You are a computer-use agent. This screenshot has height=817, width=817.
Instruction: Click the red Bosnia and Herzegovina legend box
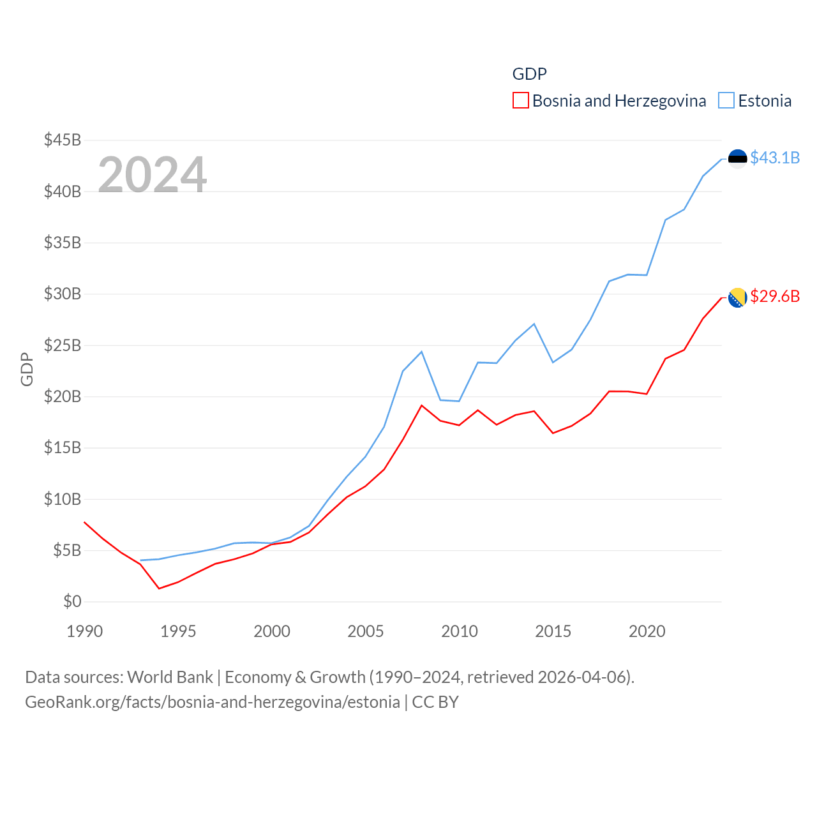tap(521, 101)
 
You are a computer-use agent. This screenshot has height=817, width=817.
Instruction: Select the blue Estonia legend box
tap(726, 101)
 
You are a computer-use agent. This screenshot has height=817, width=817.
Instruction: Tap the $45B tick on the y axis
tap(63, 140)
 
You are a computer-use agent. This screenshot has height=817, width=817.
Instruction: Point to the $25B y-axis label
tap(63, 345)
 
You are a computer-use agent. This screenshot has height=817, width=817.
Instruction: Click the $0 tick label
tap(72, 601)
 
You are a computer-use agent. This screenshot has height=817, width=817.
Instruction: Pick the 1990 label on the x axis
tap(84, 631)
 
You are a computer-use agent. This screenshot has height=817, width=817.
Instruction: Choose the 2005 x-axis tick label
tap(366, 631)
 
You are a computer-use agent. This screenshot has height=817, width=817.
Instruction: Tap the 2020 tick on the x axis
tap(647, 631)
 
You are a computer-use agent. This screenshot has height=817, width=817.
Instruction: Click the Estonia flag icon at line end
tap(737, 158)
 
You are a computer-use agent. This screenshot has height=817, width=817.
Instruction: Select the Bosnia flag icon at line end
tap(737, 297)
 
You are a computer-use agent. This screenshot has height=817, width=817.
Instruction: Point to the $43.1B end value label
tap(775, 158)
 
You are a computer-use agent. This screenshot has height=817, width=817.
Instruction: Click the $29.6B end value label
tap(775, 296)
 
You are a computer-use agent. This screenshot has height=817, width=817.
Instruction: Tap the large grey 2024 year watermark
tap(152, 174)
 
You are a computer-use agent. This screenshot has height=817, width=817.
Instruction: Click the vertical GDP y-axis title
tap(27, 369)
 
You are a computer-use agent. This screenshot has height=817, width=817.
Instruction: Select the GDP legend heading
tap(530, 74)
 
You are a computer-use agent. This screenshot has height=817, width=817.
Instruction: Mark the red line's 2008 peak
tap(422, 405)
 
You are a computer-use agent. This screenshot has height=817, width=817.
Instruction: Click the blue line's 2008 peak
tap(422, 352)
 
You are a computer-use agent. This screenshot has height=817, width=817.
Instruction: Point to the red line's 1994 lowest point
tap(159, 588)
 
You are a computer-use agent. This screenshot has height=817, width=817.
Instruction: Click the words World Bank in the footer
tap(170, 677)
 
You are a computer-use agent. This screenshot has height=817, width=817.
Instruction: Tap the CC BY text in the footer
tap(435, 702)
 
